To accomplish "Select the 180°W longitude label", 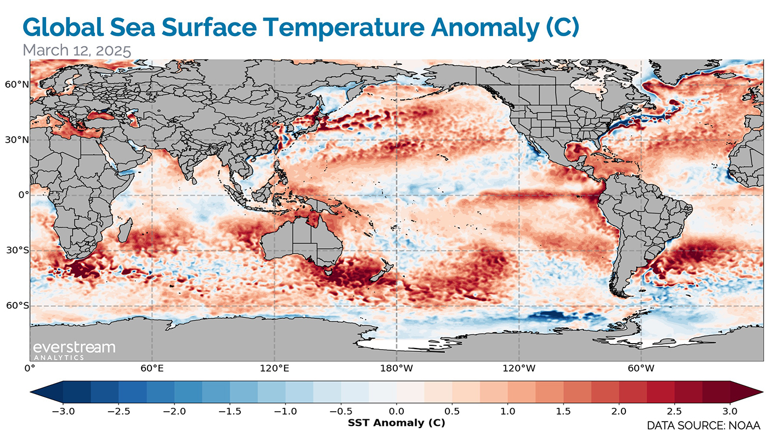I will coord(397,368).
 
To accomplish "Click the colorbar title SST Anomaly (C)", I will coord(396,423).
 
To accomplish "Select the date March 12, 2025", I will coord(77,51).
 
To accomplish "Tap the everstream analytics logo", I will coord(74,350).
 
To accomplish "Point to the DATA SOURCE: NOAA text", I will coord(703,425).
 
